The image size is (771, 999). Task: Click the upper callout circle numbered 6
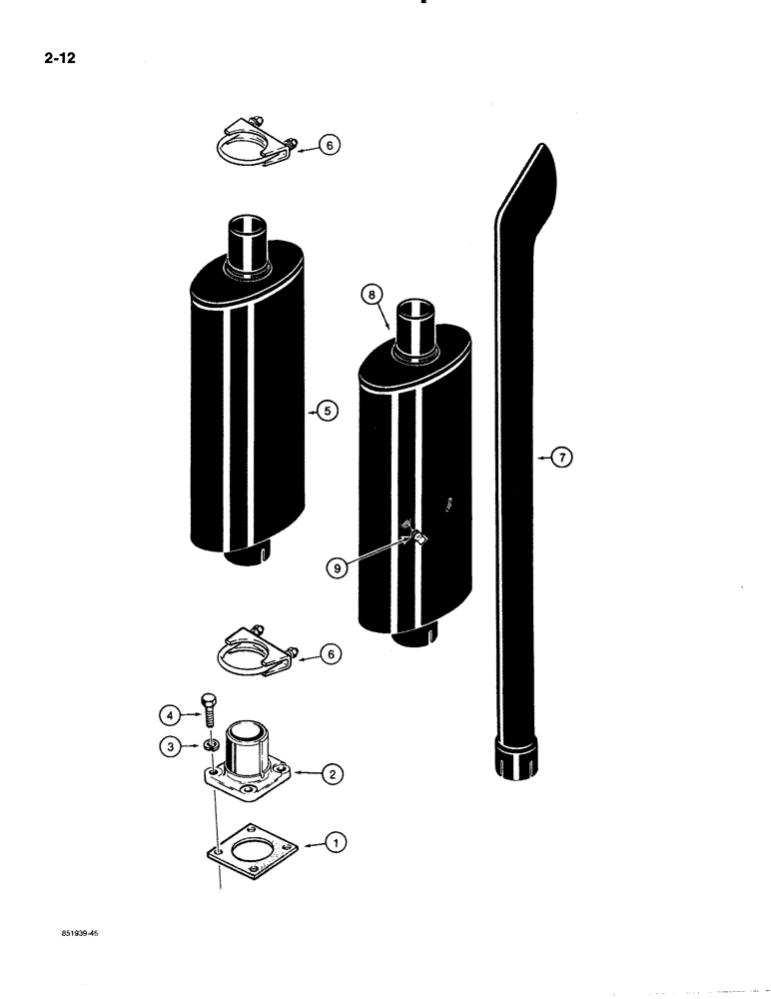(x=332, y=146)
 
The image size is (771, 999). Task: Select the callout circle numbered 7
(x=563, y=458)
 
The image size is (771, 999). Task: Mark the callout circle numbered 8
(x=370, y=295)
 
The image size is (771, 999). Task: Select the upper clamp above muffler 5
(x=255, y=142)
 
